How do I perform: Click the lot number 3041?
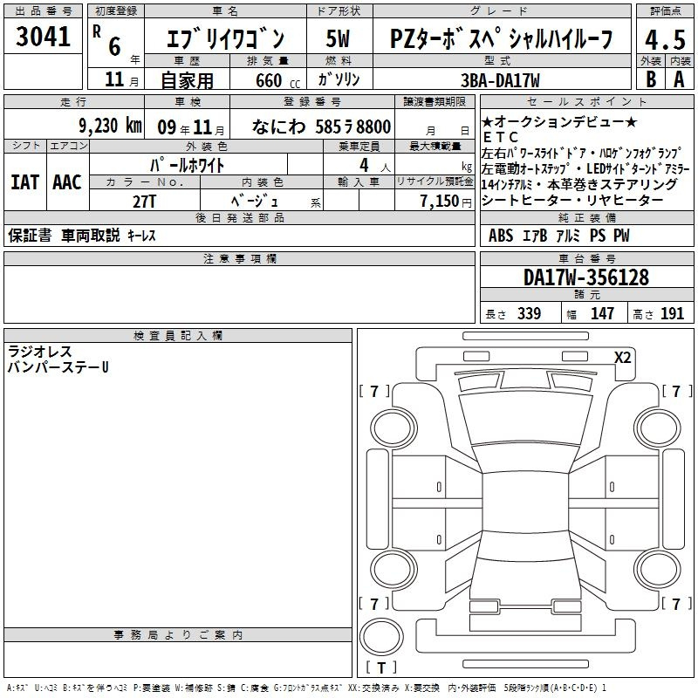(x=43, y=37)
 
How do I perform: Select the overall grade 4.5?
(x=665, y=40)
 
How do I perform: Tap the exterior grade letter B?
(x=651, y=79)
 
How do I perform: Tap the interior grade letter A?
(x=679, y=79)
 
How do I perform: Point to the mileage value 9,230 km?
(x=111, y=126)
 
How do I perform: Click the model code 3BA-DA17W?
(x=500, y=80)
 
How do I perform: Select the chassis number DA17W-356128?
(x=586, y=277)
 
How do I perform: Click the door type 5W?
(x=338, y=38)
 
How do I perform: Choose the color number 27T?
(x=144, y=202)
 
